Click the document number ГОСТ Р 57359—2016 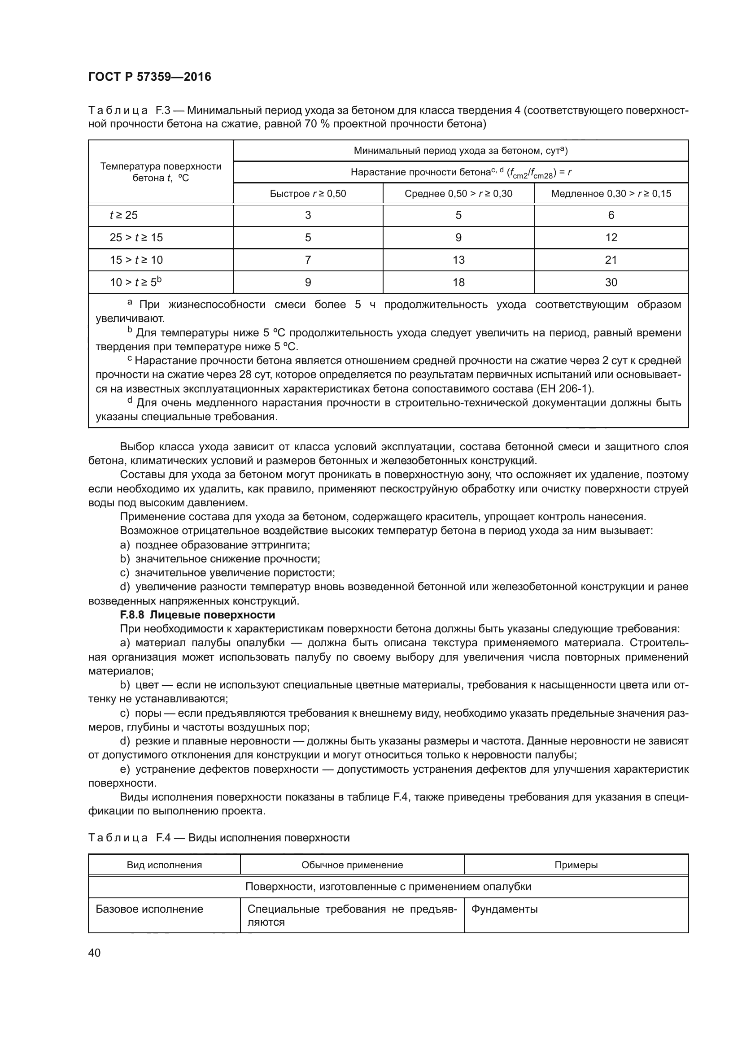(149, 77)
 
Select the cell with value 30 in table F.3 (611, 283)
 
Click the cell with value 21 (611, 260)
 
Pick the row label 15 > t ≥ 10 (136, 260)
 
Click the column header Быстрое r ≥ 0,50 (307, 194)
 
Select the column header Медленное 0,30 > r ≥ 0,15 (611, 194)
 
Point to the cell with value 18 (458, 283)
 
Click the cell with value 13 (458, 260)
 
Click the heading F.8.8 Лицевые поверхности (197, 614)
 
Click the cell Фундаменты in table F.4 (504, 909)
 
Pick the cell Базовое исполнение (149, 909)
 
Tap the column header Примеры (576, 865)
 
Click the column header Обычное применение (352, 865)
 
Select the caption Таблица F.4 (218, 838)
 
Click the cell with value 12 (611, 238)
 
